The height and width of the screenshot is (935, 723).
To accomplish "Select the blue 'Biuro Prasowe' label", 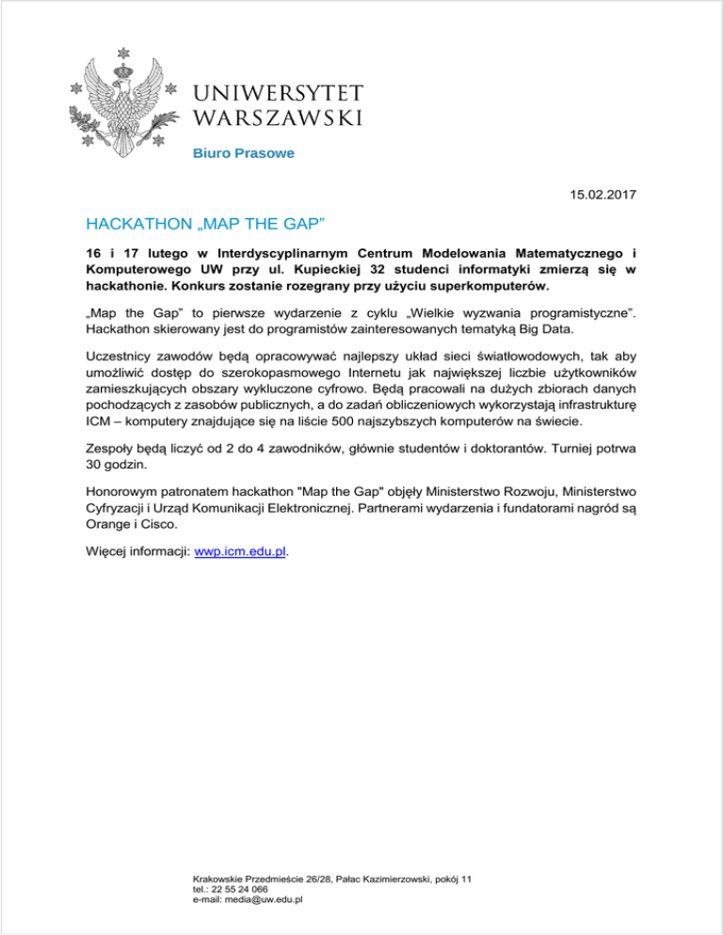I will point(232,152).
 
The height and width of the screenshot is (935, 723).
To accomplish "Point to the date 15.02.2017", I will point(603,195).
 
